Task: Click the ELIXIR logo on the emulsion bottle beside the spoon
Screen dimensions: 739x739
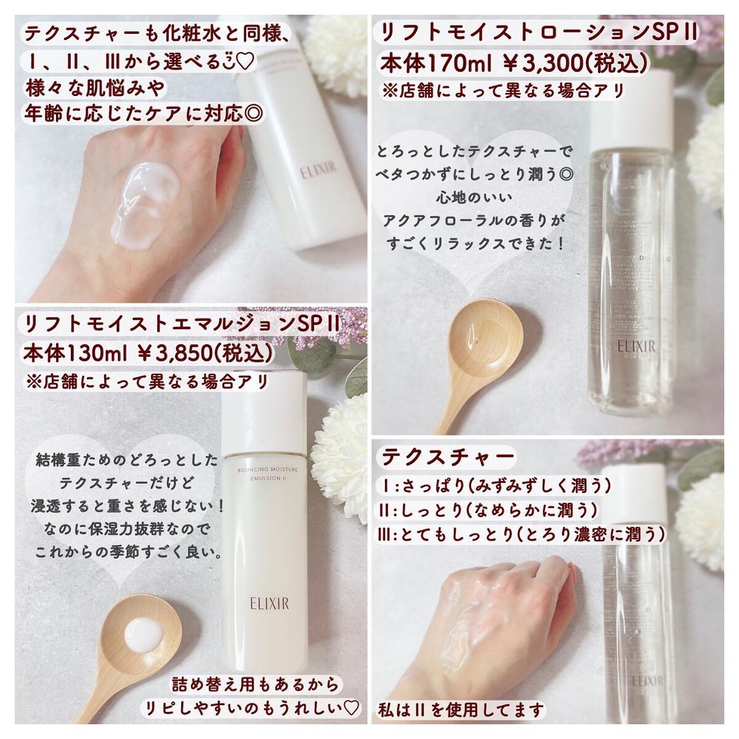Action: (265, 601)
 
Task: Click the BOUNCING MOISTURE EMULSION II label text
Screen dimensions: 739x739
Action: (267, 474)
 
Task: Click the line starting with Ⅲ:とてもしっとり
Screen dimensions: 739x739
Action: (520, 534)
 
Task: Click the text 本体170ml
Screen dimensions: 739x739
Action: (426, 63)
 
